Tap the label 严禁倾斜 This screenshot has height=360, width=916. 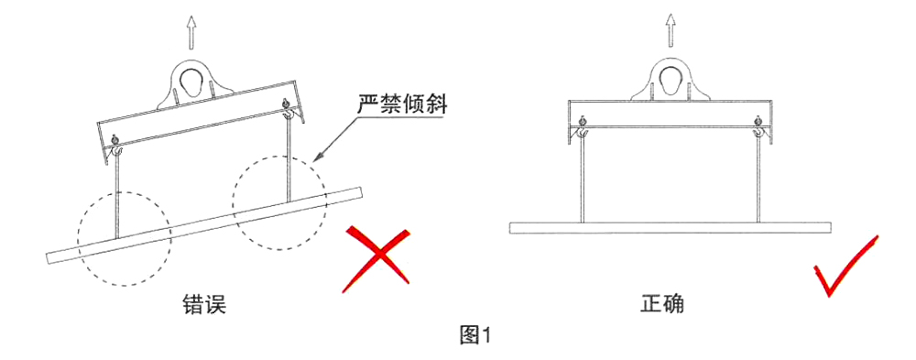402,107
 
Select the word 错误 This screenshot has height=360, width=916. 203,306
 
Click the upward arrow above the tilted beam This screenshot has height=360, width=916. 191,32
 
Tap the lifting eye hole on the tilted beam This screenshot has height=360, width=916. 191,82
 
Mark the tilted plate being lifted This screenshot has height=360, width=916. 204,225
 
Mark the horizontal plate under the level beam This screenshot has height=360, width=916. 671,228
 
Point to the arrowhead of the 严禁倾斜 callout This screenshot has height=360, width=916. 319,158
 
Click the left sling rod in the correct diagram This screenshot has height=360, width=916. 582,181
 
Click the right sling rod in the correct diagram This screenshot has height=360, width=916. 758,181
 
